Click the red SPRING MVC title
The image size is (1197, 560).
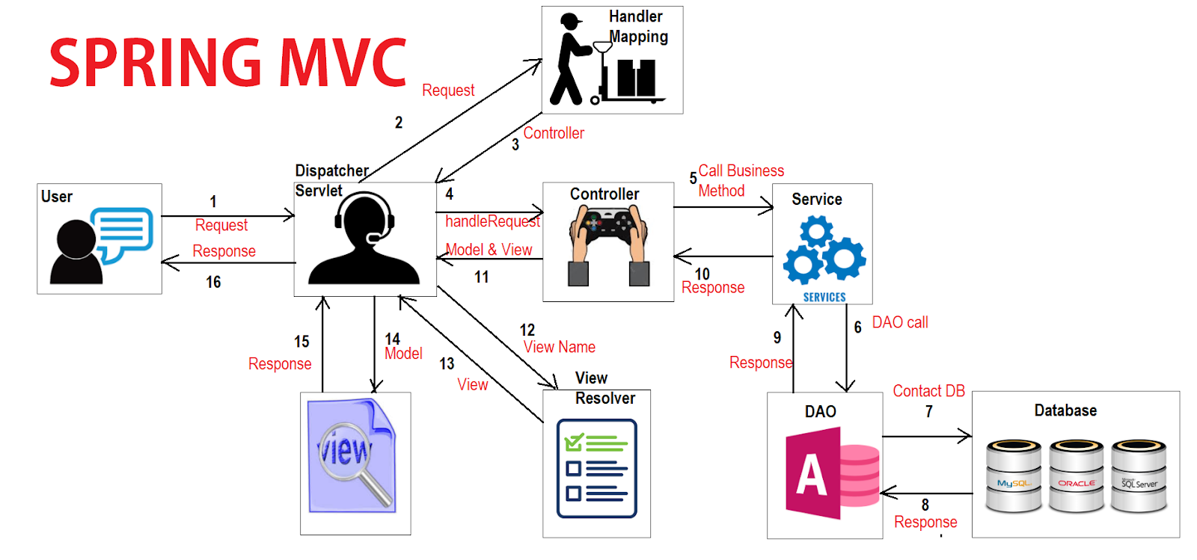click(228, 62)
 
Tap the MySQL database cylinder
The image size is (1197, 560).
click(1014, 476)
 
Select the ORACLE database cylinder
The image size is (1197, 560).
click(1076, 476)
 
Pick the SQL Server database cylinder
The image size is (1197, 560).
click(1139, 476)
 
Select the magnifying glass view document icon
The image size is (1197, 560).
click(352, 456)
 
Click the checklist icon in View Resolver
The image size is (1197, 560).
click(596, 468)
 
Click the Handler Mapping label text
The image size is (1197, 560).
click(637, 27)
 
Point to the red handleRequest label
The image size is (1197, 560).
click(492, 221)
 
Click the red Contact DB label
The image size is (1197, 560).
click(928, 391)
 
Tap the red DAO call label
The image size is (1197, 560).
click(900, 322)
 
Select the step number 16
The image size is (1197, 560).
click(213, 282)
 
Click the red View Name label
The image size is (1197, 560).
click(560, 347)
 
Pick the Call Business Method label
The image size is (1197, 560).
click(740, 180)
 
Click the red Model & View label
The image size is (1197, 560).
click(489, 250)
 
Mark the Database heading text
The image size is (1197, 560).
click(1065, 410)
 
